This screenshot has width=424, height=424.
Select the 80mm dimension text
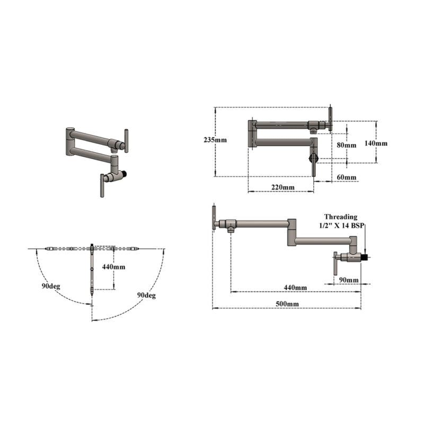click(347, 145)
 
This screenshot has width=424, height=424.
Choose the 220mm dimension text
click(282, 187)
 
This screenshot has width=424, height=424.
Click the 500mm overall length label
click(287, 304)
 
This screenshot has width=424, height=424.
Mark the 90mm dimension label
click(348, 279)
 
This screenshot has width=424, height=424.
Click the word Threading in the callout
click(341, 217)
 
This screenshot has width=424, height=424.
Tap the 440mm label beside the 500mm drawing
click(296, 287)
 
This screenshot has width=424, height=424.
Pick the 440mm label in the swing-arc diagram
click(113, 267)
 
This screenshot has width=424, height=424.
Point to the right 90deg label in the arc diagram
click(146, 295)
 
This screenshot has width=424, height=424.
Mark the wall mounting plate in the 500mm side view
click(214, 217)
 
